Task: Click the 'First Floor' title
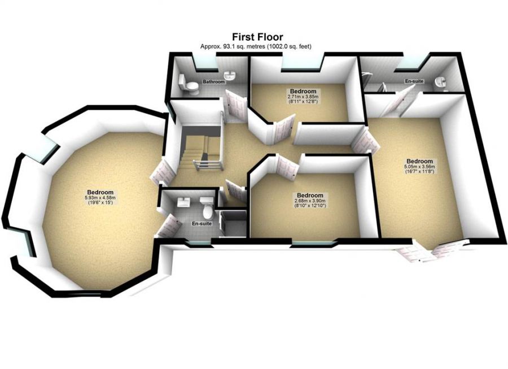tap(256, 37)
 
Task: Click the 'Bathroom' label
tap(214, 82)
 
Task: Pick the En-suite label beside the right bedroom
tap(414, 81)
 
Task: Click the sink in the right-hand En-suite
tap(441, 83)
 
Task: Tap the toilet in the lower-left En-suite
tap(208, 211)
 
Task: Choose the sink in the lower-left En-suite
tap(183, 202)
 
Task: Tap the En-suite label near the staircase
tap(201, 224)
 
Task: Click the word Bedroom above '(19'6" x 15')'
tap(100, 192)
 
